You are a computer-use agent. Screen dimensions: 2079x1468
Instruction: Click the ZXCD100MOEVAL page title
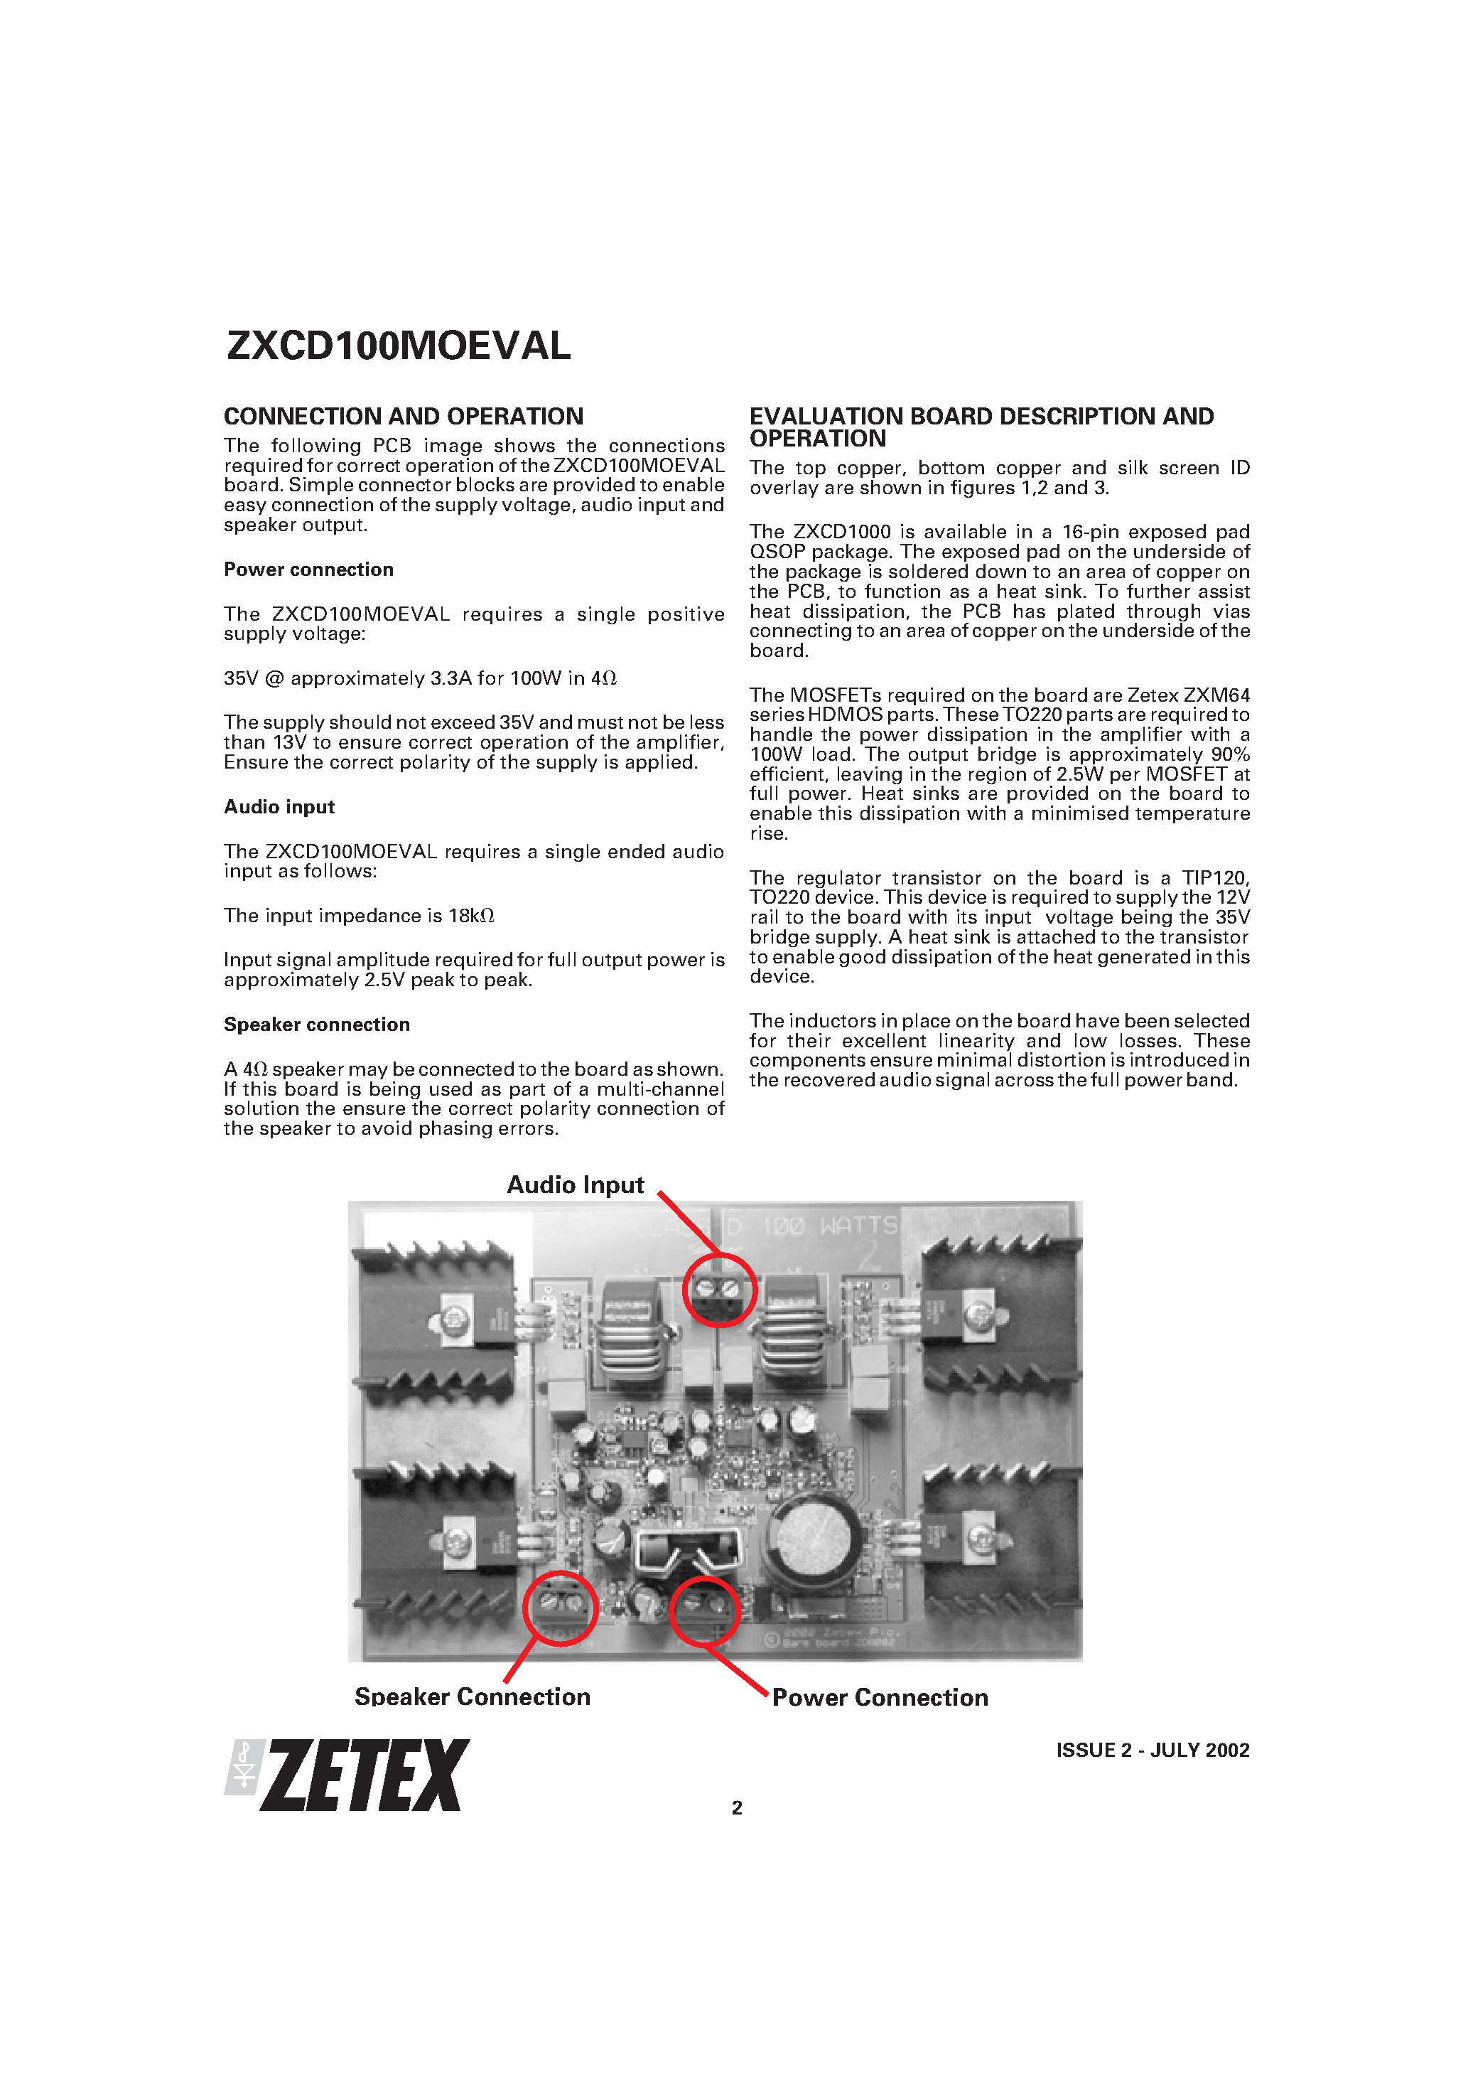pyautogui.click(x=398, y=345)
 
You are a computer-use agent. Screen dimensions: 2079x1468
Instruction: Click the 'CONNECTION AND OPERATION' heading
pyautogui.click(x=403, y=417)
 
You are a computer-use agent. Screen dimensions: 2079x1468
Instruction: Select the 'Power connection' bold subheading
pyautogui.click(x=308, y=570)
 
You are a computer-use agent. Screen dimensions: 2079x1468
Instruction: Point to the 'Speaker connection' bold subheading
pyautogui.click(x=317, y=1024)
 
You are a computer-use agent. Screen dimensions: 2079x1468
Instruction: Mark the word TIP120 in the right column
pyautogui.click(x=1214, y=877)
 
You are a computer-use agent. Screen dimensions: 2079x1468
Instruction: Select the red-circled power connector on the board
pyautogui.click(x=705, y=1610)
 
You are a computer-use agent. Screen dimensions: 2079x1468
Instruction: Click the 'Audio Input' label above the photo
pyautogui.click(x=575, y=1185)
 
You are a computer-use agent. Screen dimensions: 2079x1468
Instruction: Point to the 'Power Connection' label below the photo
pyautogui.click(x=880, y=1697)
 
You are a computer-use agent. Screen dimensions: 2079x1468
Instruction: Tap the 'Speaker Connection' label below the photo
pyautogui.click(x=473, y=1696)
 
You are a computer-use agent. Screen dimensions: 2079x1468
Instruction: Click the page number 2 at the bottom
pyautogui.click(x=737, y=1807)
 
